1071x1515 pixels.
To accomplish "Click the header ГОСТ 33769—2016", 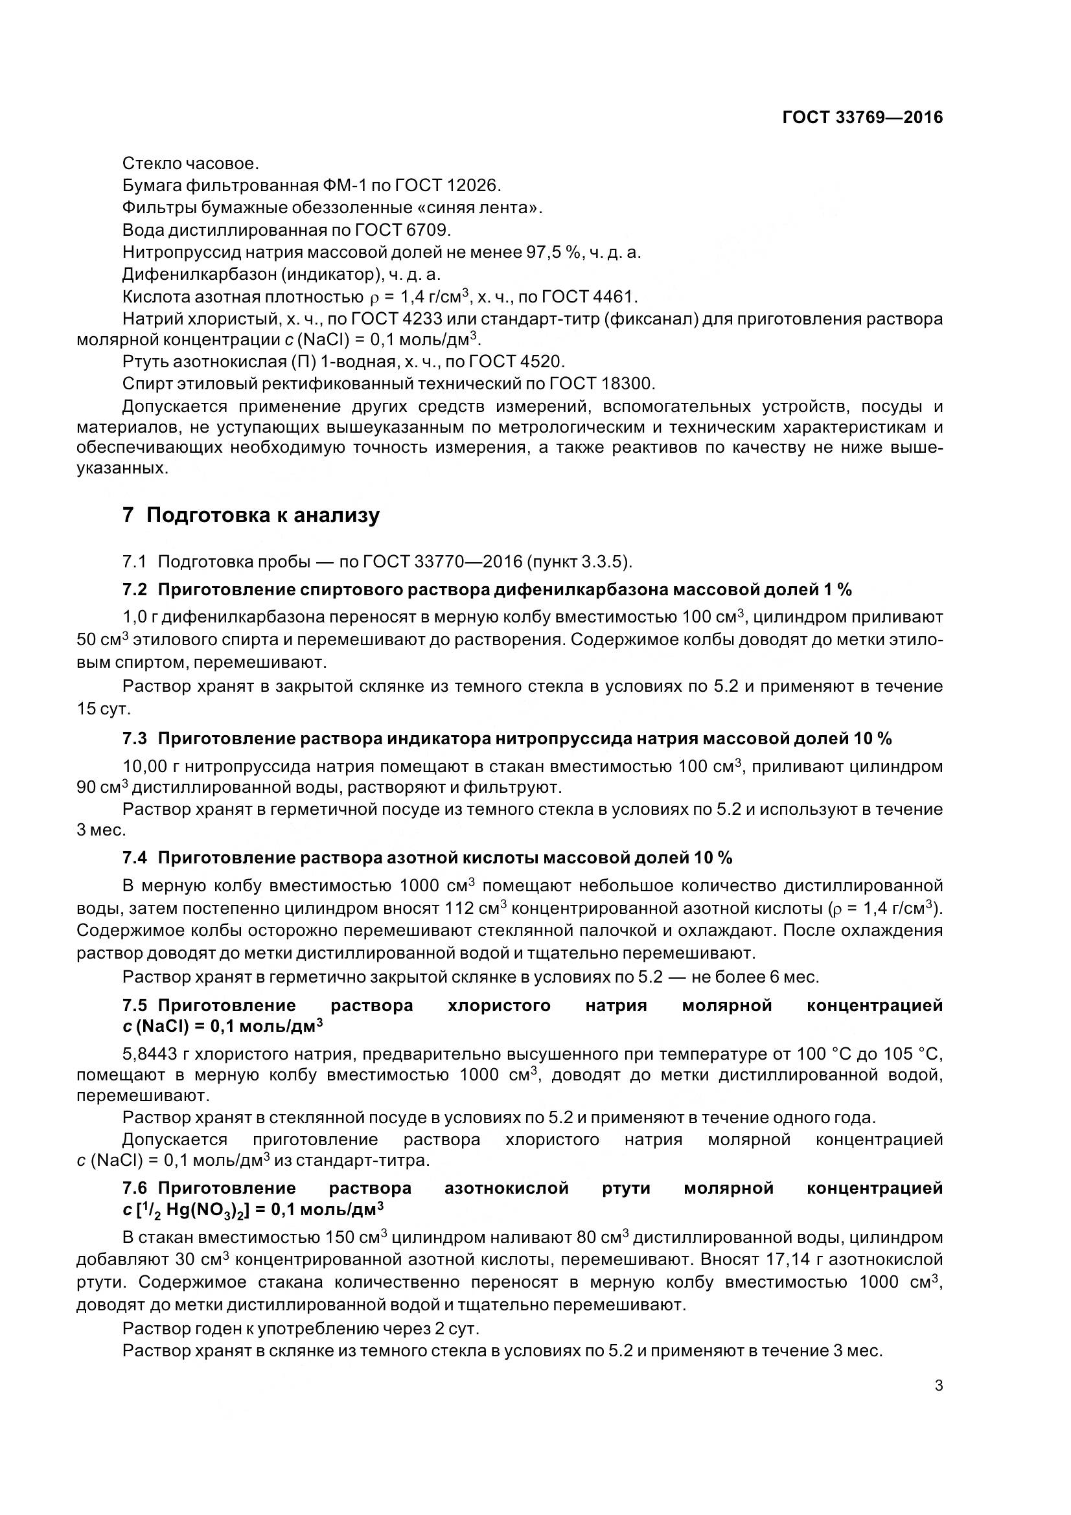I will pyautogui.click(x=862, y=117).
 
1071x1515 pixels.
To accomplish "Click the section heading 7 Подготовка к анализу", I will pyautogui.click(x=251, y=516).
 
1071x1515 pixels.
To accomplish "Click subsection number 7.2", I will pyautogui.click(x=135, y=590).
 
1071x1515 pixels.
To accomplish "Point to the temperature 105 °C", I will pyautogui.click(x=919, y=1053).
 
